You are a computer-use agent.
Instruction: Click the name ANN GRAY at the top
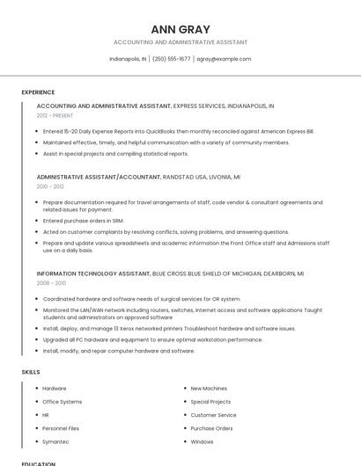pos(180,29)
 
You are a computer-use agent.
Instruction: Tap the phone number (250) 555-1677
pos(171,59)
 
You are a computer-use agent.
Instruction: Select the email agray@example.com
pos(224,59)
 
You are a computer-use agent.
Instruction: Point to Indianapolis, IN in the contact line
pos(128,59)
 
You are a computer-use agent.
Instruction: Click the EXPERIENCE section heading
pos(38,91)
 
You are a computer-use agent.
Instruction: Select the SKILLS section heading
pos(31,372)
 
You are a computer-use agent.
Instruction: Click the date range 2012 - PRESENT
pos(55,115)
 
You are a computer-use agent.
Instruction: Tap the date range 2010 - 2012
pos(50,186)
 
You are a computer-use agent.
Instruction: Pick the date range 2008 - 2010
pos(51,283)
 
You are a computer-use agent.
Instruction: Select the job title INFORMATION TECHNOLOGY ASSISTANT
pos(93,273)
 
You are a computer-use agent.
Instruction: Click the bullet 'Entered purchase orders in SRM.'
pos(84,221)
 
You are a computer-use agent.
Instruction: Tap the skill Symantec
pos(55,441)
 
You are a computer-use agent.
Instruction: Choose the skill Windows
pos(202,441)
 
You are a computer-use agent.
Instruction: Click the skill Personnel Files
pos(61,428)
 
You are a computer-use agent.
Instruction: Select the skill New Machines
pos(209,388)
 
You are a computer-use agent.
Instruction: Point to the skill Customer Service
pos(213,415)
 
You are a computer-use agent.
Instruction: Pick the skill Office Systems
pos(62,402)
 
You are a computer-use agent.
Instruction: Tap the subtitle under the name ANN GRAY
pos(180,42)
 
